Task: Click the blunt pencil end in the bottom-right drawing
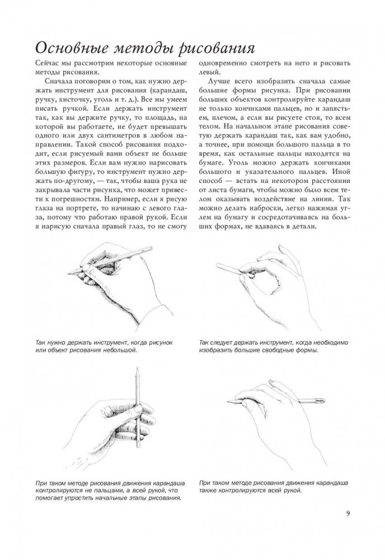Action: pos(325,401)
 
